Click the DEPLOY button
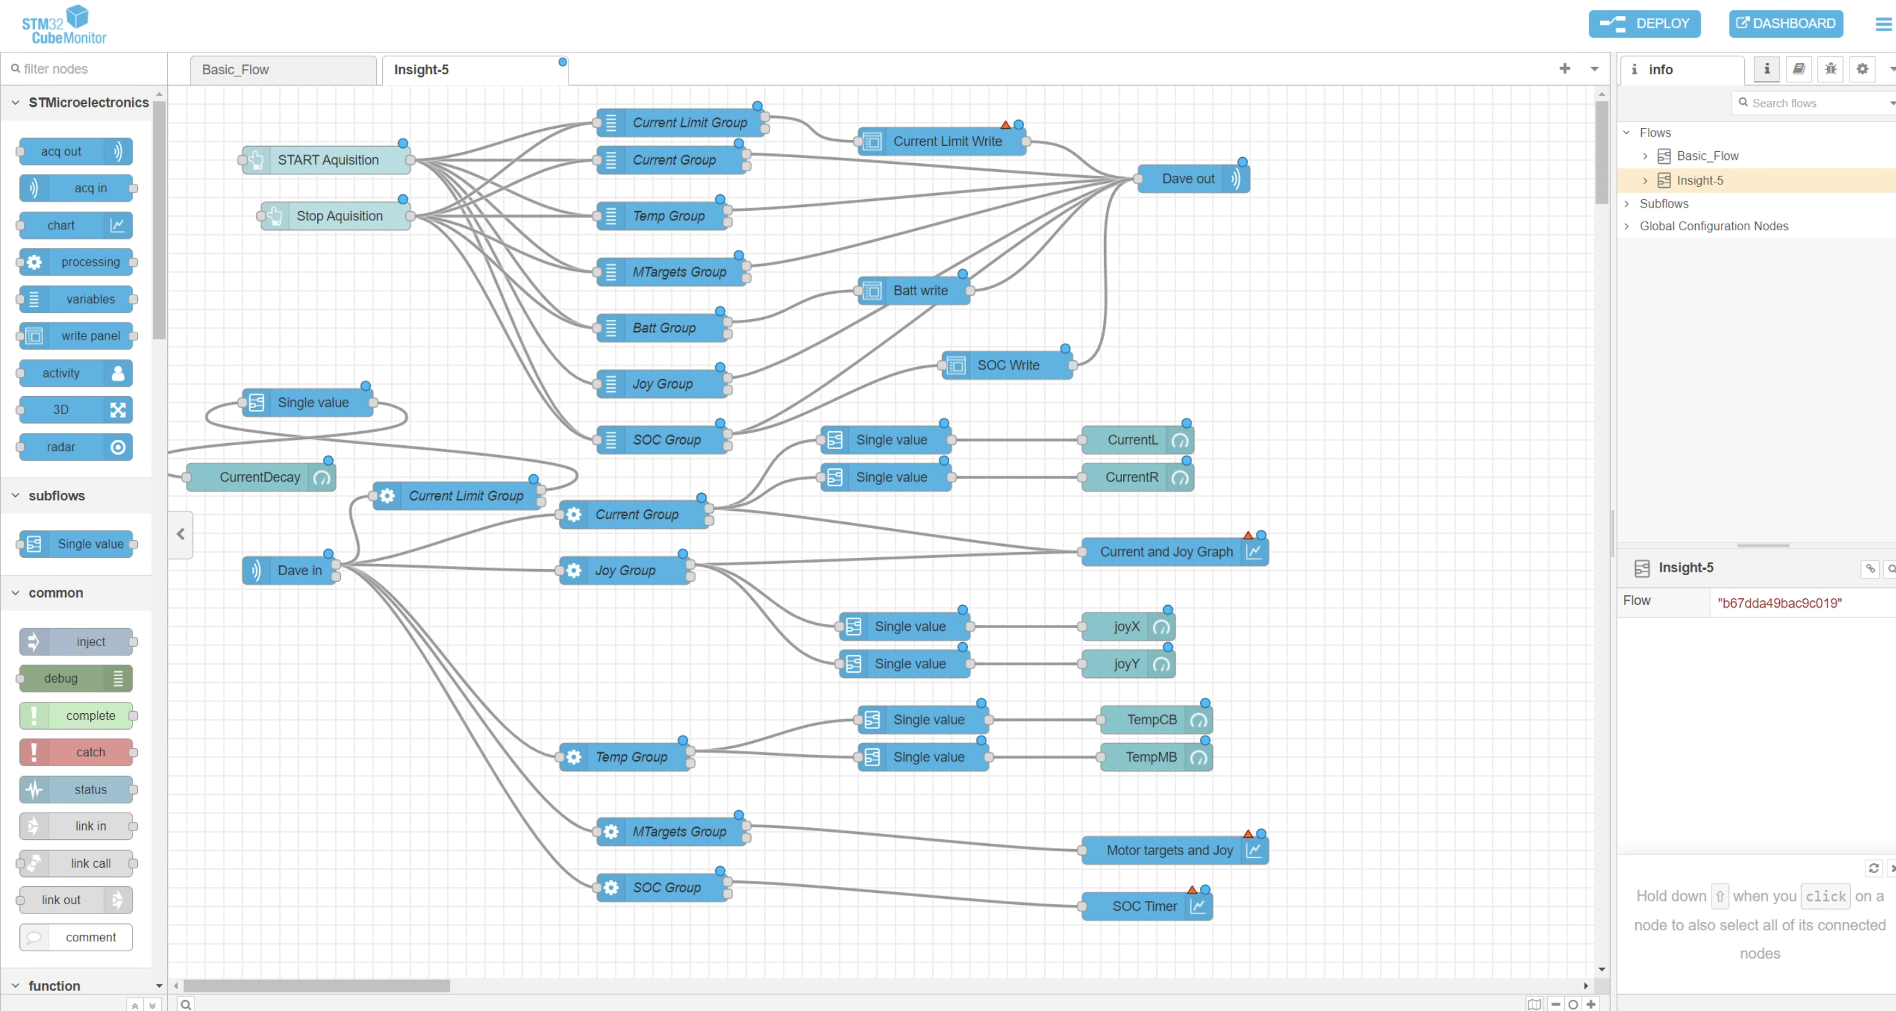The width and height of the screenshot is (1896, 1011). coord(1645,23)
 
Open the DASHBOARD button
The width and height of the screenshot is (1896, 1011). coord(1786,23)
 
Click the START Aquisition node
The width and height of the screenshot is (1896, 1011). coord(326,160)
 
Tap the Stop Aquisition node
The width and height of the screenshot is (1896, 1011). coord(336,216)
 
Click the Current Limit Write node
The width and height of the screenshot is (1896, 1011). coord(941,141)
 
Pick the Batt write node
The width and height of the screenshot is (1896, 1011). coord(914,291)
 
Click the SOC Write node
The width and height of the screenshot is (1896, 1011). coord(1007,365)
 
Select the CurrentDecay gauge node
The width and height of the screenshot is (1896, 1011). coord(261,477)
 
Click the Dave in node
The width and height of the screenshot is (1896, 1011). coord(289,571)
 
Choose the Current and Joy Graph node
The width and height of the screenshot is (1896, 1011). coord(1174,552)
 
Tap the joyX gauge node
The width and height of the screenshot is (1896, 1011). coord(1128,626)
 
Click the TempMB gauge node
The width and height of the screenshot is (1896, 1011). coord(1156,757)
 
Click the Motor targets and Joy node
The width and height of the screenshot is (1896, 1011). coord(1174,850)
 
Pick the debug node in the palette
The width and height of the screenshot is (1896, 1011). coord(76,679)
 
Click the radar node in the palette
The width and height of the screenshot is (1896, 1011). coord(76,446)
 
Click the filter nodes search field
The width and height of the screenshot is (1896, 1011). coord(85,68)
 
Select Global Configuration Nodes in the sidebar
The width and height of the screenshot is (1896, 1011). coord(1714,226)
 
